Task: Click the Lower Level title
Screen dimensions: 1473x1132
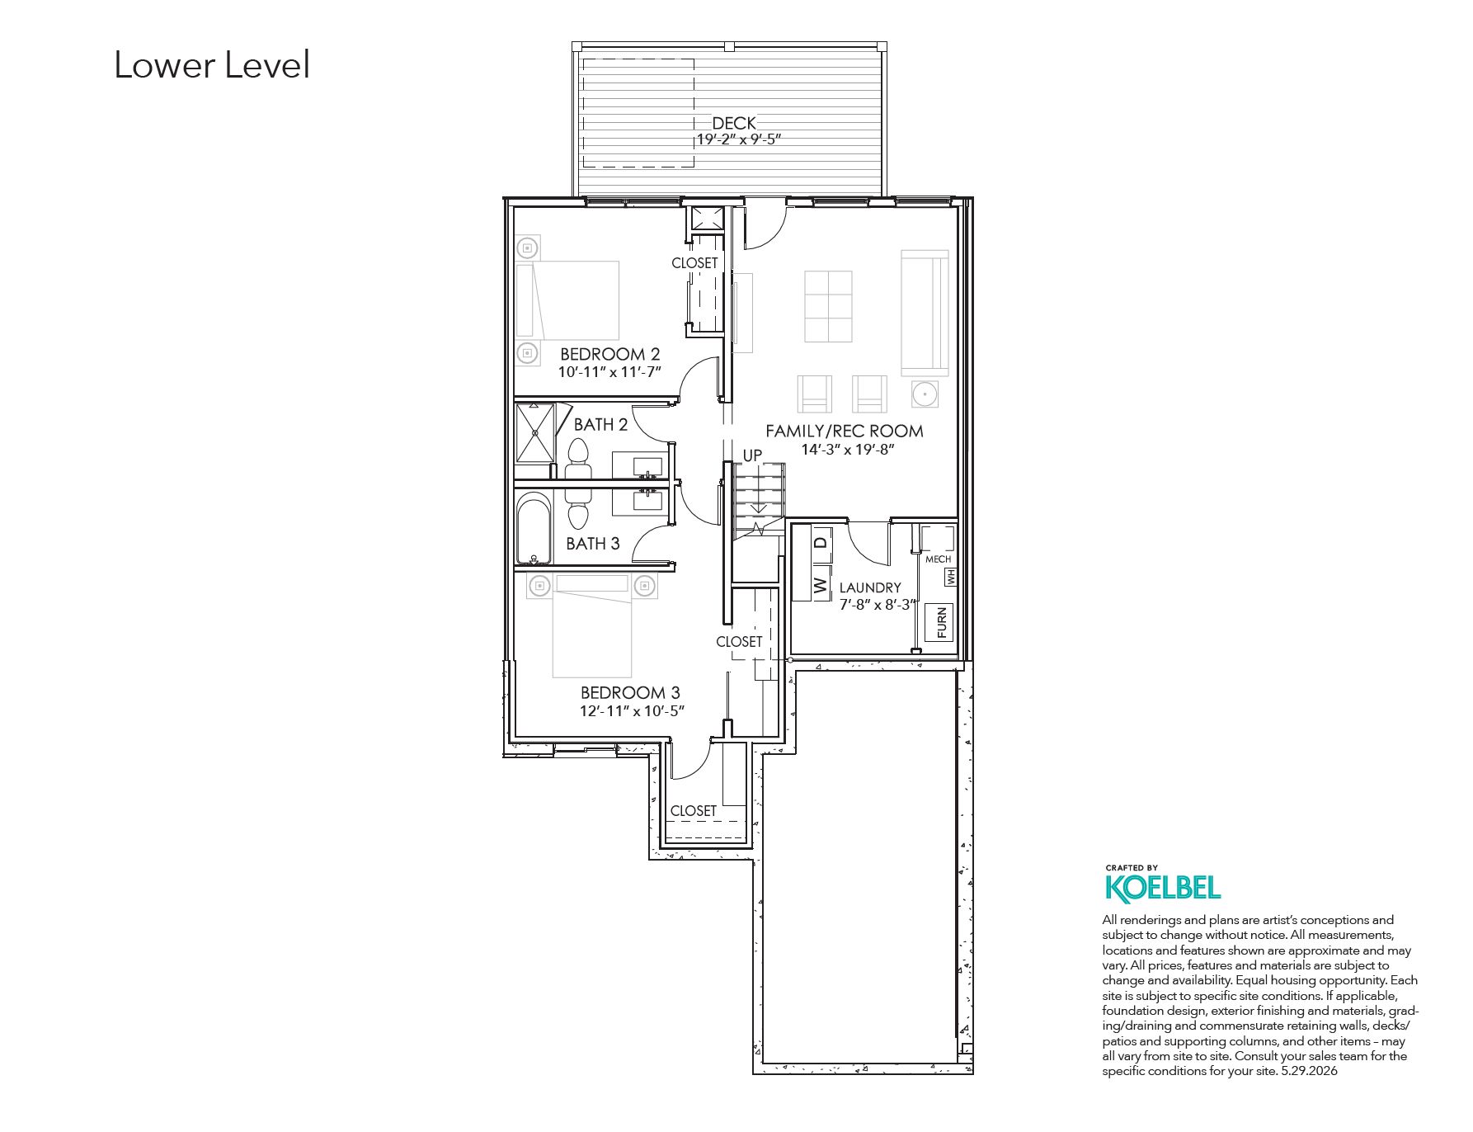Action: coord(212,65)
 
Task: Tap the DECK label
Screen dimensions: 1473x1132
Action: coord(734,124)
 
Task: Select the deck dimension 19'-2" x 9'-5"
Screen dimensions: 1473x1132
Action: coord(739,139)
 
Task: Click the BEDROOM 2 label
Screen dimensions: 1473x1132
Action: coord(609,355)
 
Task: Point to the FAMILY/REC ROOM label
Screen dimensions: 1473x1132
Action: coord(845,431)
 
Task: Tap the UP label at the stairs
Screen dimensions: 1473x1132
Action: coord(752,455)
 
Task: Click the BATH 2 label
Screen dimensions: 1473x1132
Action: coord(600,425)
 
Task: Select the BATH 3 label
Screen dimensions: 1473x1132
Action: coord(593,544)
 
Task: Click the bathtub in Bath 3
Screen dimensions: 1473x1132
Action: coord(534,530)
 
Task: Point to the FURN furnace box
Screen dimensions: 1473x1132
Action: coord(941,623)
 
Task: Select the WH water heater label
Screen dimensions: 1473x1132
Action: coord(951,576)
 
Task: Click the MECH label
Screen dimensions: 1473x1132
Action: coord(938,559)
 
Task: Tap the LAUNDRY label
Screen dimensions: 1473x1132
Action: coord(870,588)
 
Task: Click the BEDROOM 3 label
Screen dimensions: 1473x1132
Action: coord(630,693)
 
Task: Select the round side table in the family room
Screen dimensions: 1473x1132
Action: coord(925,394)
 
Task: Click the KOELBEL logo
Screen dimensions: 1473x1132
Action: coord(1162,887)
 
